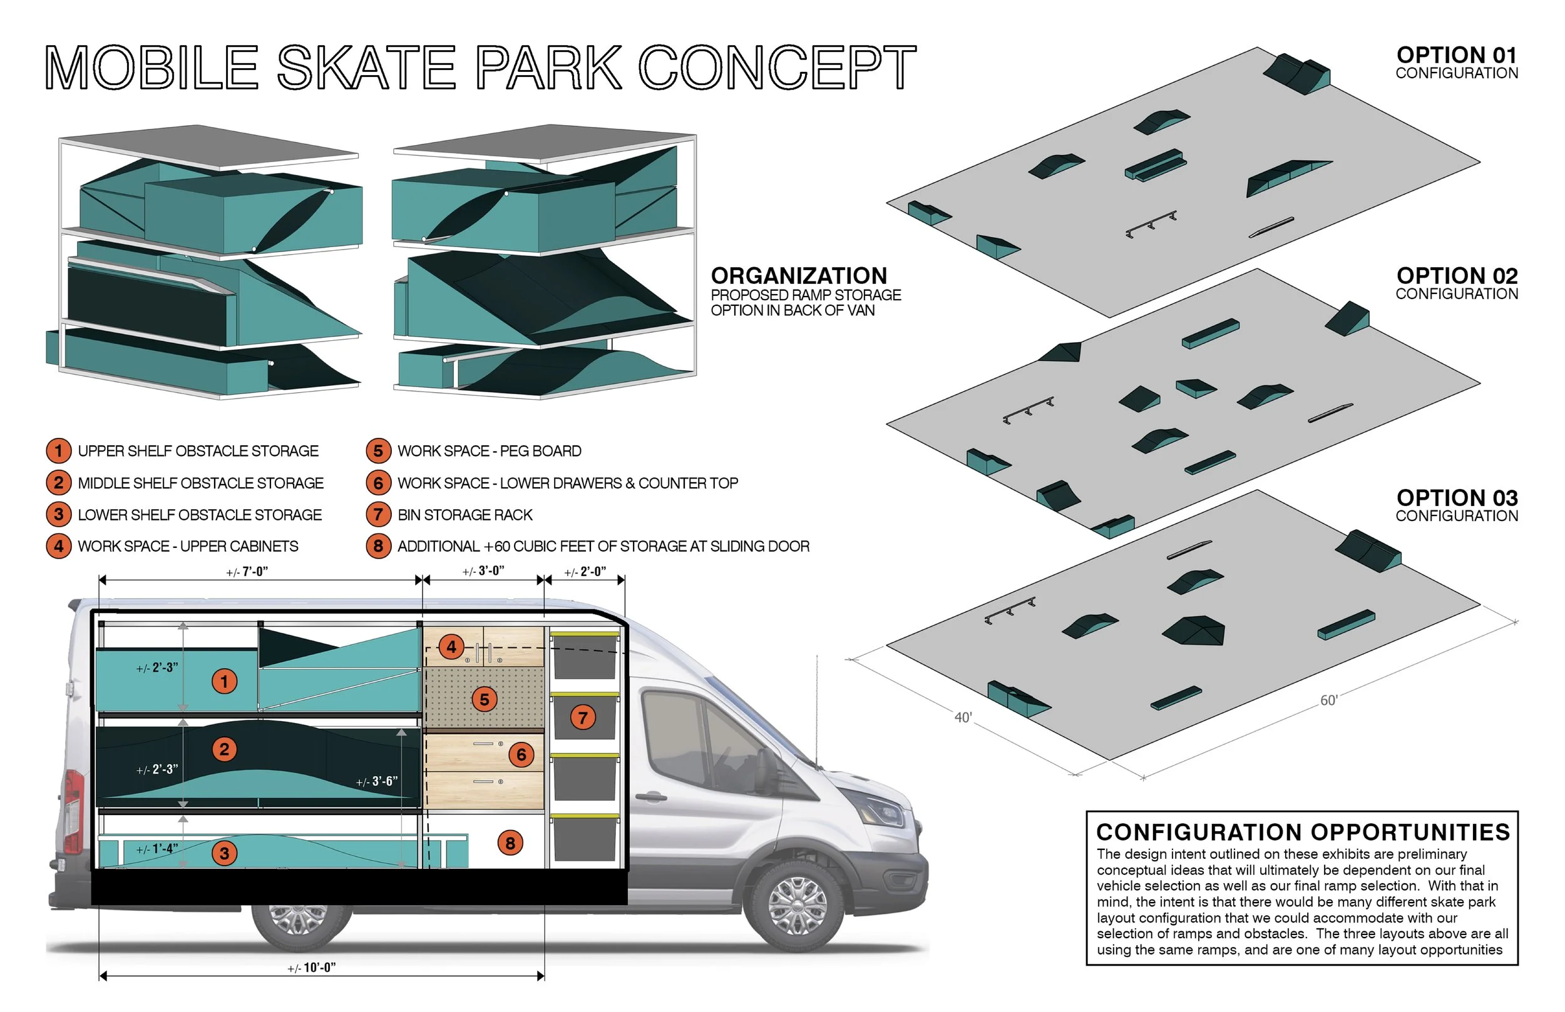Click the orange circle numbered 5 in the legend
pyautogui.click(x=378, y=451)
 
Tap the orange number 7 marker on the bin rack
pyautogui.click(x=583, y=717)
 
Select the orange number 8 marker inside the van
pyautogui.click(x=510, y=843)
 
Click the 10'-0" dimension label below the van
pyautogui.click(x=312, y=968)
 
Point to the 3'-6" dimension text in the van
pyautogui.click(x=377, y=781)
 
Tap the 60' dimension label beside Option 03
pyautogui.click(x=1329, y=701)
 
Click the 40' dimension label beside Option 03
pyautogui.click(x=963, y=717)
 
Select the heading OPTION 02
pyautogui.click(x=1457, y=276)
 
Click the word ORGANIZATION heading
pyautogui.click(x=798, y=276)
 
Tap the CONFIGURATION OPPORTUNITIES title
pyautogui.click(x=1303, y=832)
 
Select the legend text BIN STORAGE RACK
pyautogui.click(x=464, y=515)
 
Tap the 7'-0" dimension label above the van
pyautogui.click(x=247, y=572)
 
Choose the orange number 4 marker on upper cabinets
pyautogui.click(x=451, y=647)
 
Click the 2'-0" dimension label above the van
pyautogui.click(x=585, y=572)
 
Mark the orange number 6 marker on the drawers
pyautogui.click(x=521, y=754)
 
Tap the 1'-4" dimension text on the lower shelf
pyautogui.click(x=156, y=849)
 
